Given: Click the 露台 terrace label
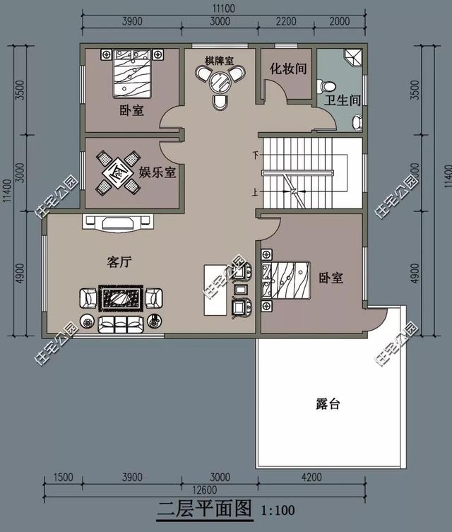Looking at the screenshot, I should (328, 404).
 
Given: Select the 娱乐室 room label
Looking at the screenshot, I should (157, 172).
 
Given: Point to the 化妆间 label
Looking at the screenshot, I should (287, 69).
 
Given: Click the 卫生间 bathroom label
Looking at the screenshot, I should (343, 100).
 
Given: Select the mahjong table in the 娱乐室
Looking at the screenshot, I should (115, 172).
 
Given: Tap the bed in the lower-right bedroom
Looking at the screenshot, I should (286, 280).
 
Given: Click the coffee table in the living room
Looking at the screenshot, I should (121, 299).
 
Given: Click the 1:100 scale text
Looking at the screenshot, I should (278, 509).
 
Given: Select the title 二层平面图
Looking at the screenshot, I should (205, 508).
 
